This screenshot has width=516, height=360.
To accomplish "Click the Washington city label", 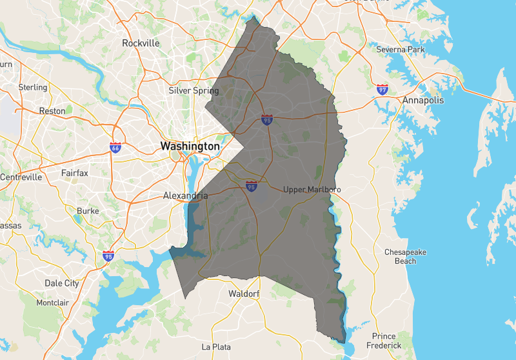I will click(190, 146).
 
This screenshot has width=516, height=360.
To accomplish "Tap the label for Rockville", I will click(141, 43).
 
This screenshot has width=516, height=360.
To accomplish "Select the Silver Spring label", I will click(193, 91).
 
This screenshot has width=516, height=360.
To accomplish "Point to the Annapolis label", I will click(423, 101).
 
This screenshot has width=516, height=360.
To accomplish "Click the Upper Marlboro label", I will click(312, 190).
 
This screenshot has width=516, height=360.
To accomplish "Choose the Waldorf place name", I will click(244, 294).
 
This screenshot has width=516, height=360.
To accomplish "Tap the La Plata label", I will click(216, 347).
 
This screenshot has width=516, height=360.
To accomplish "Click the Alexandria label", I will click(185, 195).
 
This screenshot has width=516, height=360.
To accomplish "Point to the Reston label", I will click(52, 111).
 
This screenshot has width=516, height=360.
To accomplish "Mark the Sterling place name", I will click(33, 87).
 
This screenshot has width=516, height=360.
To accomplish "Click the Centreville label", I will click(21, 177).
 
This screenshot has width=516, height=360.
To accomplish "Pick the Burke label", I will click(88, 211).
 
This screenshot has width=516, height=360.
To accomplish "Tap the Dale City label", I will click(62, 283).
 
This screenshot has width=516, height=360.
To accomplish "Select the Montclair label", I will click(52, 303).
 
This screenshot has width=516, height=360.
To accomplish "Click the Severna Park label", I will click(401, 50).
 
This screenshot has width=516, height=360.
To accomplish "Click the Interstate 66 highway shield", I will click(115, 148).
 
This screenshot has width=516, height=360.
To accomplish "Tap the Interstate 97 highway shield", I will click(383, 90).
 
